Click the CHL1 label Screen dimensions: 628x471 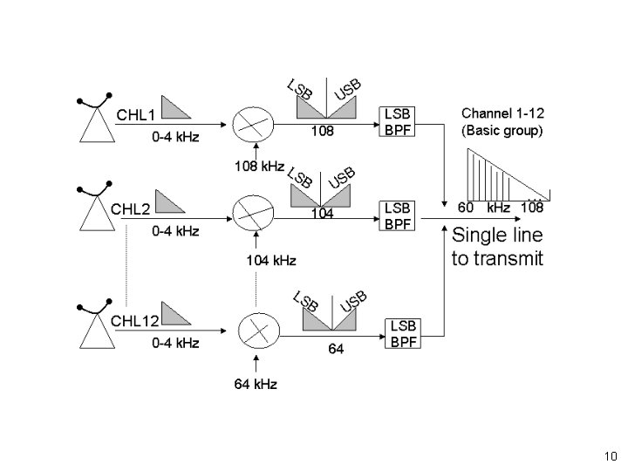click(x=135, y=115)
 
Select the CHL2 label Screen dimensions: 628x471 click(x=130, y=209)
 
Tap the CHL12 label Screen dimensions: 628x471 click(x=134, y=321)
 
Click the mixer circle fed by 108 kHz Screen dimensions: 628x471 click(x=253, y=124)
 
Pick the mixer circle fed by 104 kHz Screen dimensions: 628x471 click(x=253, y=213)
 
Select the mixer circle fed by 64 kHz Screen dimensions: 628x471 click(x=259, y=331)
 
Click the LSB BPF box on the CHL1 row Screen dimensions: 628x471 click(x=397, y=122)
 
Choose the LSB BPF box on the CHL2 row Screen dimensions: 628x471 click(x=397, y=216)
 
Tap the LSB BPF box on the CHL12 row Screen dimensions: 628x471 click(x=403, y=333)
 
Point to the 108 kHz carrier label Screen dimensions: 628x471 click(x=260, y=166)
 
